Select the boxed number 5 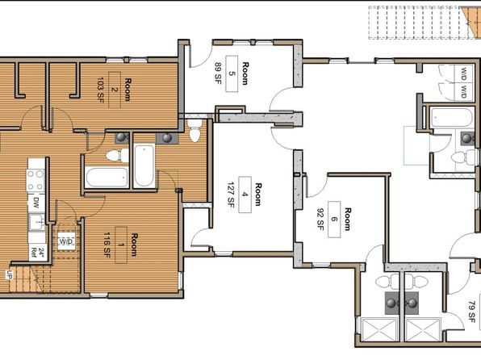(x=232, y=73)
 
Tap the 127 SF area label (x=232, y=195)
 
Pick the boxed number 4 (x=245, y=195)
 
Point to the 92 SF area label (x=320, y=219)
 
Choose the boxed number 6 (x=334, y=219)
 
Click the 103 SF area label (x=100, y=90)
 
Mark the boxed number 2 (x=114, y=90)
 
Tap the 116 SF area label (x=107, y=245)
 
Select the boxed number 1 (x=121, y=245)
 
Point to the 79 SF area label (x=472, y=312)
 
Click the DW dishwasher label (x=36, y=203)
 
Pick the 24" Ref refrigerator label (x=38, y=253)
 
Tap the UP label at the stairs (x=8, y=274)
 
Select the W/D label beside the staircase (x=66, y=241)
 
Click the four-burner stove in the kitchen (x=36, y=181)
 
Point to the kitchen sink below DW (x=36, y=222)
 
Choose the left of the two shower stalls (x=379, y=329)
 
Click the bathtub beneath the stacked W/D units (x=451, y=117)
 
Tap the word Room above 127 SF (x=258, y=195)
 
